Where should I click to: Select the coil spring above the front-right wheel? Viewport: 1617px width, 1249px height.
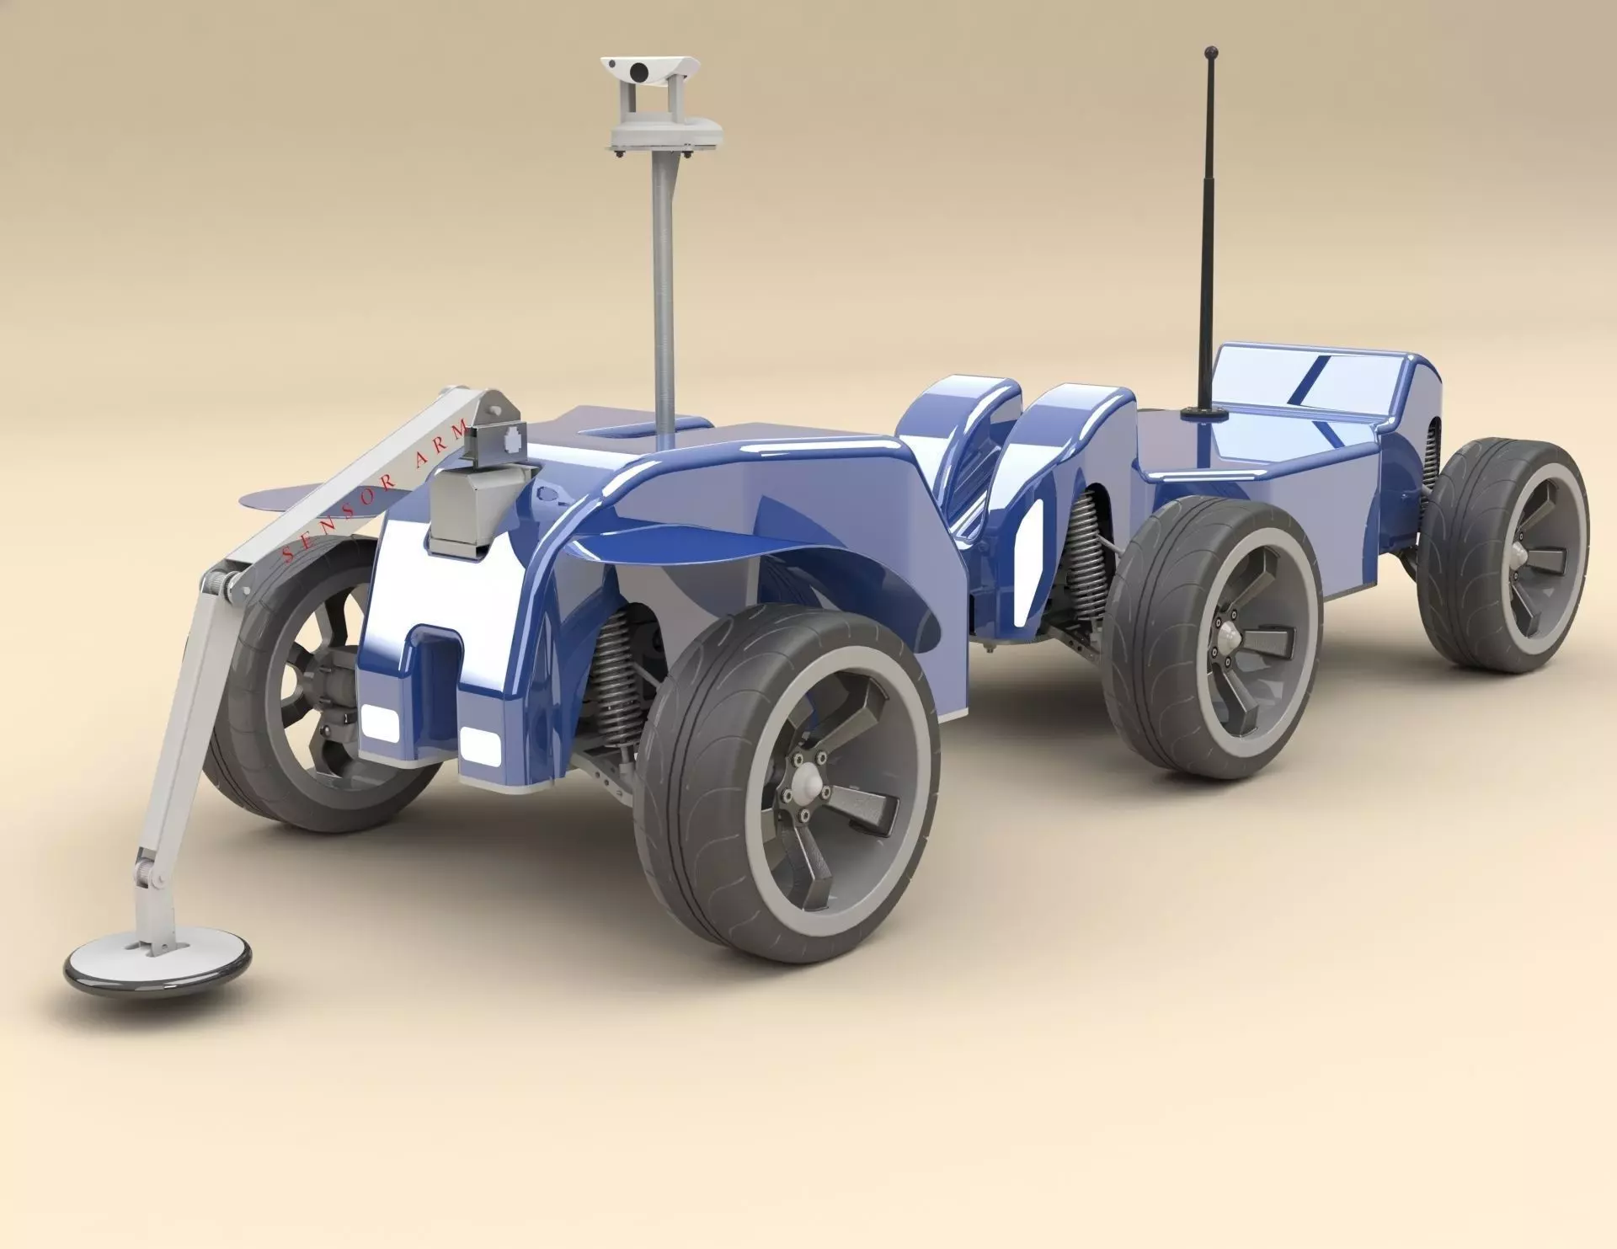tap(619, 674)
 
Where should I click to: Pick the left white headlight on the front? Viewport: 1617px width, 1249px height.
tap(381, 722)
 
